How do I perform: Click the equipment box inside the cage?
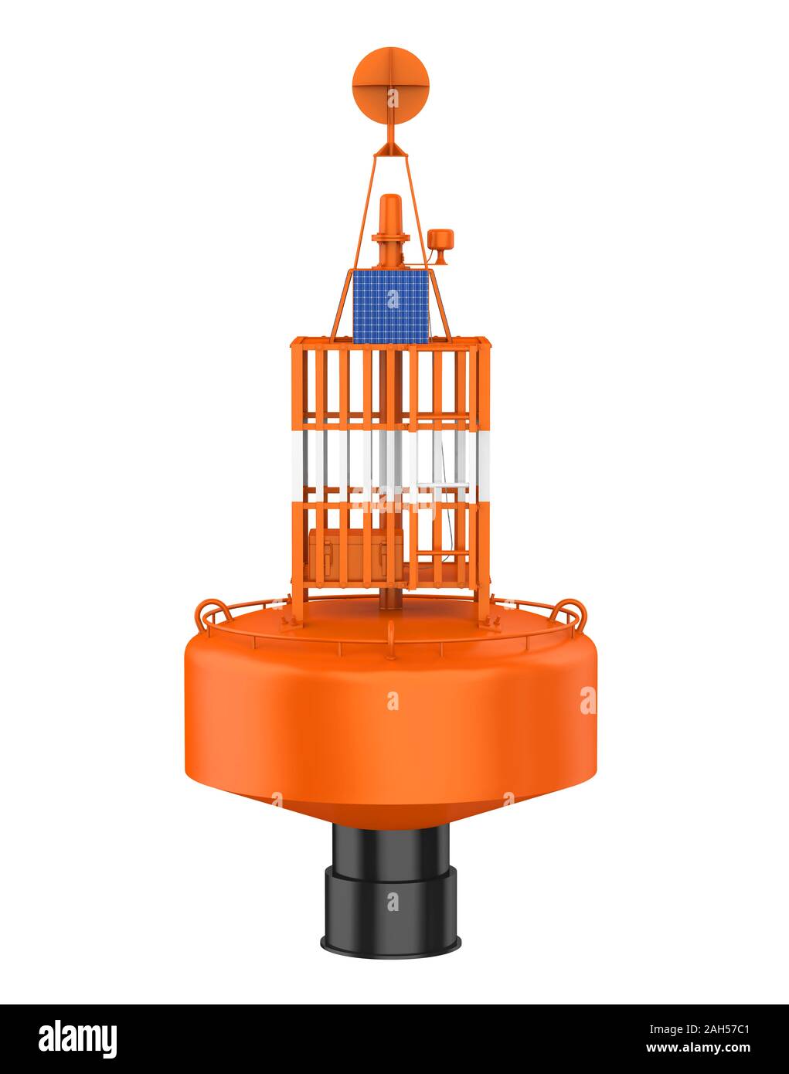click(355, 555)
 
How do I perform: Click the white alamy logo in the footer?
click(77, 1036)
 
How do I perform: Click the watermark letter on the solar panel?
click(393, 298)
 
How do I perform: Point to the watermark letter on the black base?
click(393, 901)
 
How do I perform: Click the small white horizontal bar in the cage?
click(443, 485)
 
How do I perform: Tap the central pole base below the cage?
click(389, 599)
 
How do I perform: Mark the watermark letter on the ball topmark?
click(393, 98)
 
